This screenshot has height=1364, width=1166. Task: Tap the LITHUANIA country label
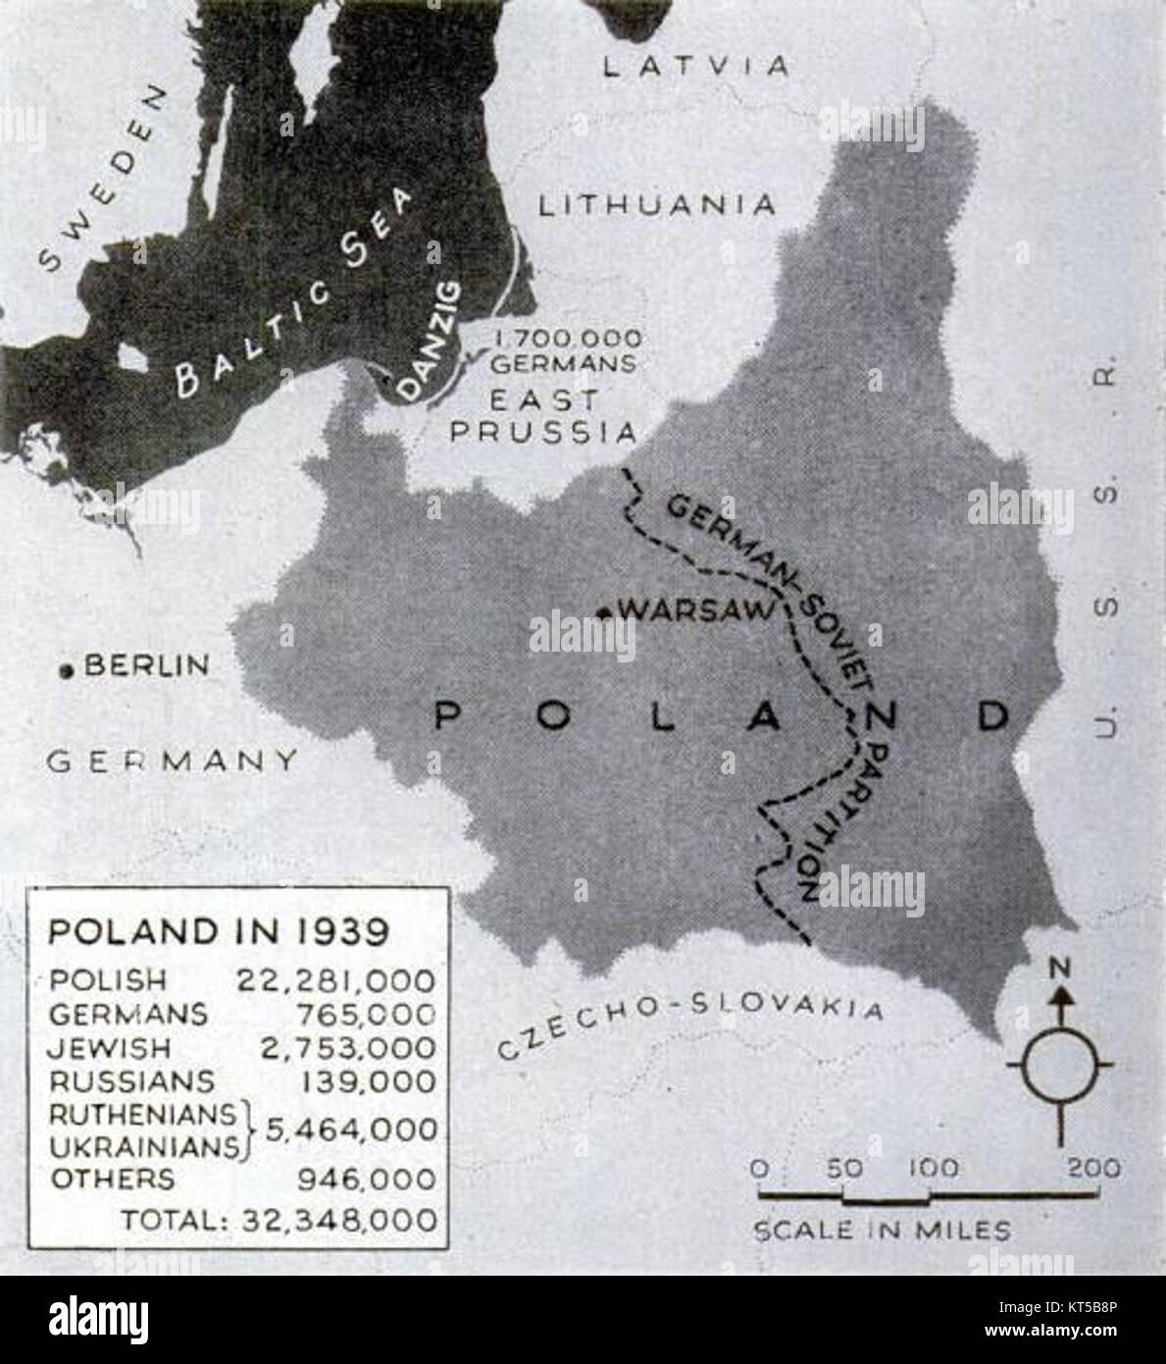657,204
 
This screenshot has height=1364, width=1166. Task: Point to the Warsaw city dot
606,614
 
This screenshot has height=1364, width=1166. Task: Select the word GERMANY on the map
173,761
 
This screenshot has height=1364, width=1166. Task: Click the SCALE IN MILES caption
881,1230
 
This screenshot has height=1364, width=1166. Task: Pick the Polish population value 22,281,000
335,979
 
